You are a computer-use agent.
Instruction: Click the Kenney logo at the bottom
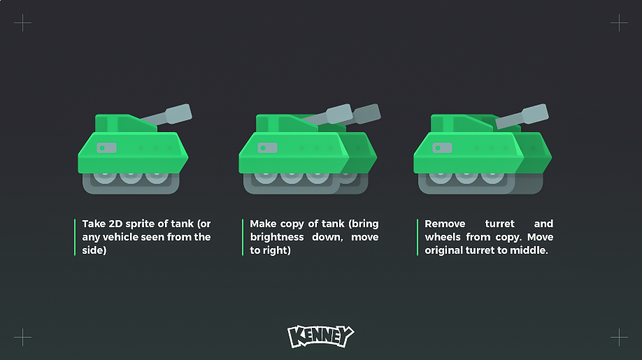pyautogui.click(x=320, y=336)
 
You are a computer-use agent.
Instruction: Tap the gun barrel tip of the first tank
pyautogui.click(x=179, y=114)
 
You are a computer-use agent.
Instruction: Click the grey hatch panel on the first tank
pyautogui.click(x=106, y=147)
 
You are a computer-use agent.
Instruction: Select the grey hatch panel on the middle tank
pyautogui.click(x=267, y=147)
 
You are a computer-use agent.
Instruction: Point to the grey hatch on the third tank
pyautogui.click(x=442, y=147)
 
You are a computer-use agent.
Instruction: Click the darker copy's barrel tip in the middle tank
pyautogui.click(x=368, y=114)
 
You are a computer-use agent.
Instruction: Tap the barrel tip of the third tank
pyautogui.click(x=535, y=114)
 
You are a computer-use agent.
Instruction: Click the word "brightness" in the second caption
pyautogui.click(x=277, y=237)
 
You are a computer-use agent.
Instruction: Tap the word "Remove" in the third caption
pyautogui.click(x=445, y=224)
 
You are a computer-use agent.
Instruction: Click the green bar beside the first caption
pyautogui.click(x=75, y=237)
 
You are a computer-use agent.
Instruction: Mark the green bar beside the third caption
pyautogui.click(x=418, y=237)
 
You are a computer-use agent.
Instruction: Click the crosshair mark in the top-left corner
pyautogui.click(x=22, y=22)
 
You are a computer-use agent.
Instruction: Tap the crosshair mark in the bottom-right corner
pyautogui.click(x=619, y=337)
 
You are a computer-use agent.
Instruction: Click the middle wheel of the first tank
pyautogui.click(x=131, y=177)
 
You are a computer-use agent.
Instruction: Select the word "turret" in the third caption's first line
pyautogui.click(x=499, y=224)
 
